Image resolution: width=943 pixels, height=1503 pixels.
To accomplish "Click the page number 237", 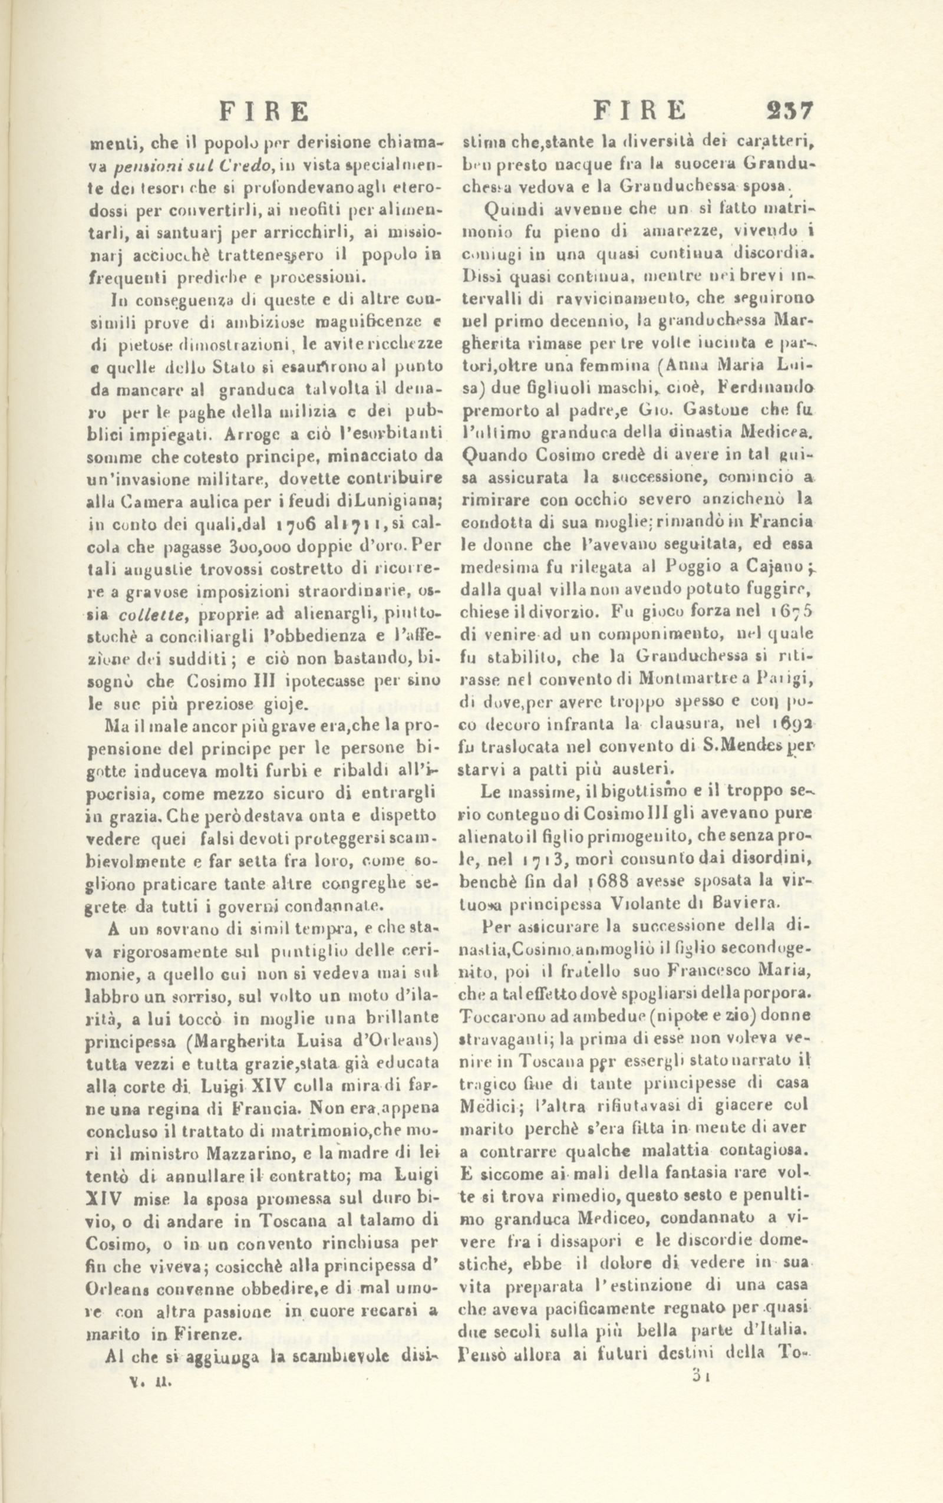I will (x=790, y=111).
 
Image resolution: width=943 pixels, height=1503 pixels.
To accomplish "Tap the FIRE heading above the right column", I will (x=639, y=111).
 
